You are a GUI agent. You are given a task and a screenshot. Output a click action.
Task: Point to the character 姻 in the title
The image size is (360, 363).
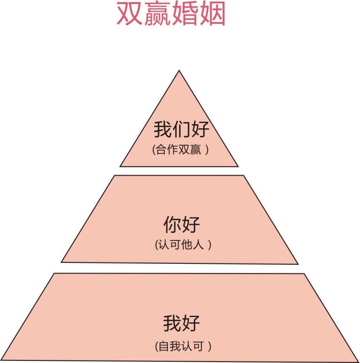coord(213,15)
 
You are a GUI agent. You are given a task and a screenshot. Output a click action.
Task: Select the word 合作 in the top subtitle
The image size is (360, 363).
coord(167,150)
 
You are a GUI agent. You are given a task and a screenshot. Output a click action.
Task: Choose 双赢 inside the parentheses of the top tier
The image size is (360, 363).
coord(190,150)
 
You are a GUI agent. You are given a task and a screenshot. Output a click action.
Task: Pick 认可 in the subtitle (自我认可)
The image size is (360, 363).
coord(193,347)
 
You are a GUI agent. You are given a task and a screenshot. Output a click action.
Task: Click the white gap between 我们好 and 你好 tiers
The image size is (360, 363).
coord(179,171)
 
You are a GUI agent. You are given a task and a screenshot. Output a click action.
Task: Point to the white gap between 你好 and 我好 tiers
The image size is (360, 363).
coord(179,268)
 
